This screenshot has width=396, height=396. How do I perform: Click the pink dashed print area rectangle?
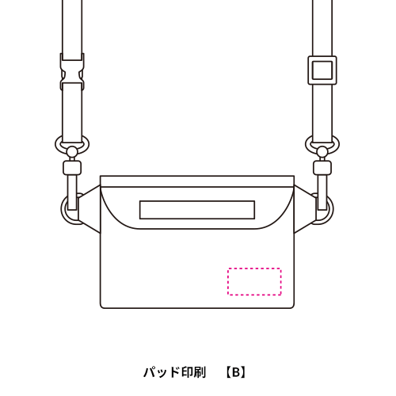[254, 268]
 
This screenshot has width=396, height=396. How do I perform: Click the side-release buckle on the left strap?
[72, 71]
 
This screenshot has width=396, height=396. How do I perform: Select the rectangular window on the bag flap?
[197, 202]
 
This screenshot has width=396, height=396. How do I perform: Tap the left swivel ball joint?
[71, 152]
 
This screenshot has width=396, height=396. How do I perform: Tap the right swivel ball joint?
[322, 151]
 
